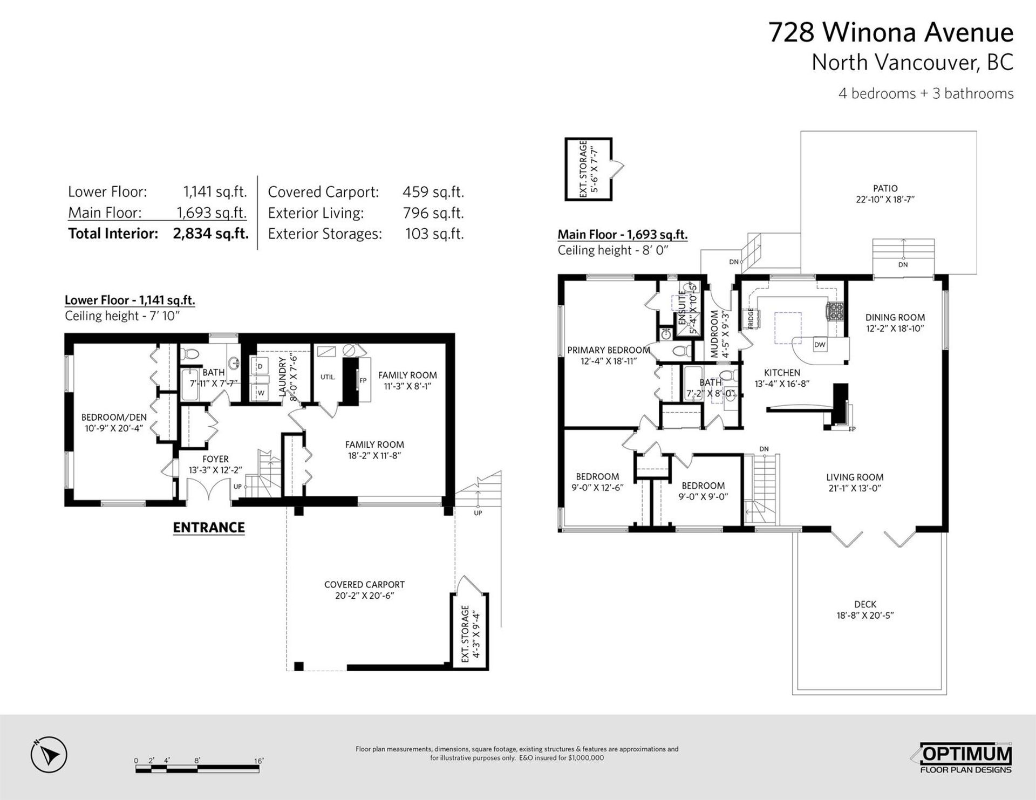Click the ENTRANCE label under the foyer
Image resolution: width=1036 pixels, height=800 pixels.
click(209, 528)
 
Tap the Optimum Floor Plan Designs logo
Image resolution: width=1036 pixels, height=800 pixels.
click(965, 759)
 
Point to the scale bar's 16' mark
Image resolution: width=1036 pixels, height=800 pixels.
click(259, 761)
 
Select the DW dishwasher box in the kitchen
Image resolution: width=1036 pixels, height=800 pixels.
click(820, 345)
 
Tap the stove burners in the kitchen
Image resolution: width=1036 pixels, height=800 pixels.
click(835, 311)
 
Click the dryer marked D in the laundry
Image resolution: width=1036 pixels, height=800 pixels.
click(260, 366)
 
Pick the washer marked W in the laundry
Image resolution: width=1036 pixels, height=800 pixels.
click(260, 392)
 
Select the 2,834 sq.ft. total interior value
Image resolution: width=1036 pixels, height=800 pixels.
click(211, 234)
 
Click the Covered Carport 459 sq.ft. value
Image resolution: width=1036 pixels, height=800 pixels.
click(433, 192)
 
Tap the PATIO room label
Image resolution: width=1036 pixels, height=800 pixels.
click(885, 188)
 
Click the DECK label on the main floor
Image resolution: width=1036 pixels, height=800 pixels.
click(865, 604)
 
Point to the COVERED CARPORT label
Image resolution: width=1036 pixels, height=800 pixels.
click(364, 584)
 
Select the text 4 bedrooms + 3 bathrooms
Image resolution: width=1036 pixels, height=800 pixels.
click(926, 93)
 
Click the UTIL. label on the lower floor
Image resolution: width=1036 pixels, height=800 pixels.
click(328, 377)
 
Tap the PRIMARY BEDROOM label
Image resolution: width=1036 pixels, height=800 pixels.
click(609, 350)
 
